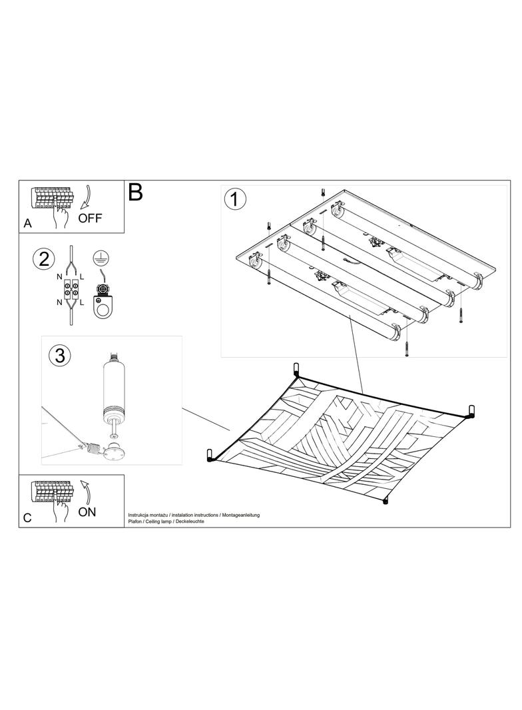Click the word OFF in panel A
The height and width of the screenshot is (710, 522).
tap(90, 218)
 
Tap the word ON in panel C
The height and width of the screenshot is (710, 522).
tap(87, 512)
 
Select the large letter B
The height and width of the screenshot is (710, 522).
tap(136, 192)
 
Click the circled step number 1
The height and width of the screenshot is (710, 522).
tap(235, 199)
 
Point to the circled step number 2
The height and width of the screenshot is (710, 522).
tap(44, 260)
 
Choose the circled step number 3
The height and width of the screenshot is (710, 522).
tap(60, 356)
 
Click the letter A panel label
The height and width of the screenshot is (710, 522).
tap(27, 223)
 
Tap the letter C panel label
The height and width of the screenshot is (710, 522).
tap(27, 518)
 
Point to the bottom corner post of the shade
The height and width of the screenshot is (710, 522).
tap(386, 500)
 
